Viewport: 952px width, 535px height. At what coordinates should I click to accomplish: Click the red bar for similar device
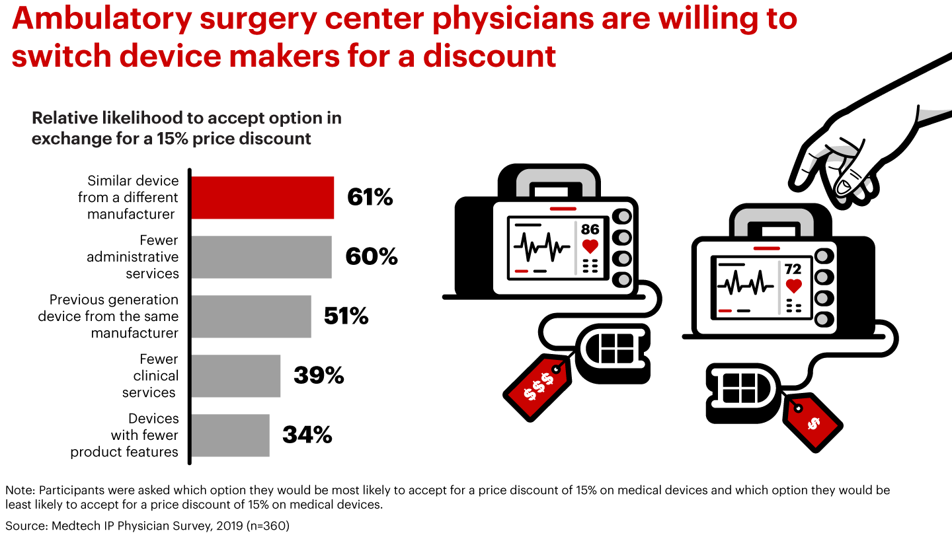(262, 197)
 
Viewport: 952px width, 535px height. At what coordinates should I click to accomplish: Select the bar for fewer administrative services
(261, 257)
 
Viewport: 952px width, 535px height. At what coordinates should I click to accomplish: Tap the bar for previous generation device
(251, 316)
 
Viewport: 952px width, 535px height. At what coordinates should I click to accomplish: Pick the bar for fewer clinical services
(236, 376)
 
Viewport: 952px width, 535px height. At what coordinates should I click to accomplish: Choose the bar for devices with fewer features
(231, 435)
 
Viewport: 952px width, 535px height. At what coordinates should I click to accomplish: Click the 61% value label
(370, 197)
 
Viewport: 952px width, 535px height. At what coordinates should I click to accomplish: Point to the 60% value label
(372, 257)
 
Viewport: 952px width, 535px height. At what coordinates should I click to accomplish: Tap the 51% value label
(346, 316)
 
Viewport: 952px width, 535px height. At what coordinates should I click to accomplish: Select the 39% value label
(319, 376)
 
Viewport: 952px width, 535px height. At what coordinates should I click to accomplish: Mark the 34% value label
(307, 435)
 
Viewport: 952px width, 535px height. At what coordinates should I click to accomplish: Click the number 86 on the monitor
(590, 230)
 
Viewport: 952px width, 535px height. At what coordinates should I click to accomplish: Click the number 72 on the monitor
(793, 269)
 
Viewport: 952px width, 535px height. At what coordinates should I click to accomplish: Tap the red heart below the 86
(590, 246)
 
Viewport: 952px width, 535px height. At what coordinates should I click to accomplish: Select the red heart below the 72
(793, 286)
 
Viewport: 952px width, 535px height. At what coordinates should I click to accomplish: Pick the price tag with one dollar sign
(813, 422)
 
